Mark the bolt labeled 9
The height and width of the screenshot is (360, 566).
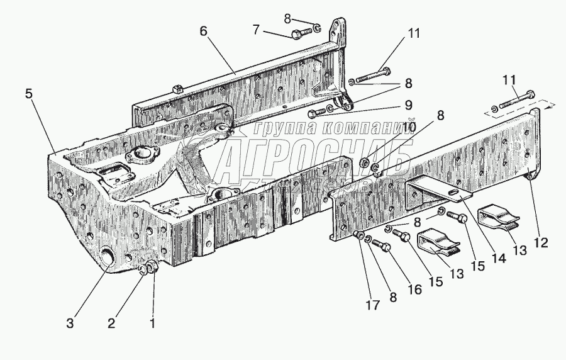(x=317, y=112)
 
